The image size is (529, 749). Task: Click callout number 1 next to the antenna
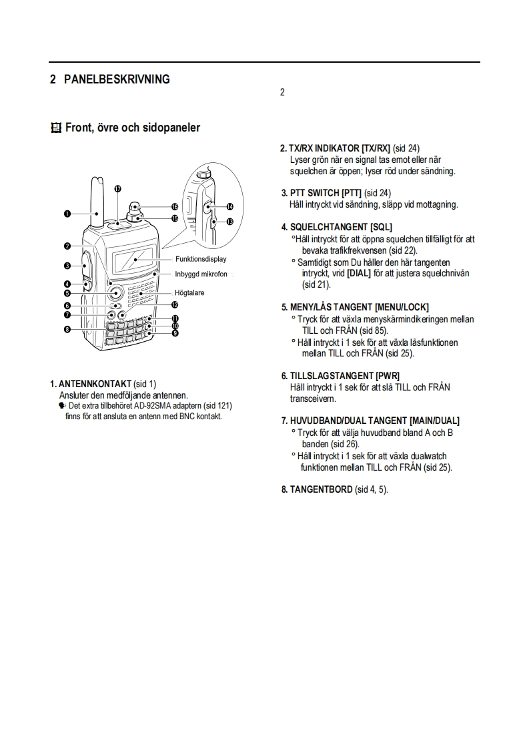67,214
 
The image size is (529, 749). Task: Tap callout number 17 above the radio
117,189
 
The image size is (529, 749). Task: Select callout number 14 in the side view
229,207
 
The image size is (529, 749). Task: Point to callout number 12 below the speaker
174,304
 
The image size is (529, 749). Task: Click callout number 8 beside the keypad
67,329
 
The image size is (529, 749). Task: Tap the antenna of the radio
97,200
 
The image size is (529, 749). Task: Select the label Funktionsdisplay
201,259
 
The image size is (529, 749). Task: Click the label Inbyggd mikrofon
201,274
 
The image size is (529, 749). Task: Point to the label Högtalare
189,292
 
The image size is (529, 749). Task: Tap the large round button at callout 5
115,292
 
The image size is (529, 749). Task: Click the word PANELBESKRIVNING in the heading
117,79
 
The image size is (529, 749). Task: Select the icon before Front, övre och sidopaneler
55,128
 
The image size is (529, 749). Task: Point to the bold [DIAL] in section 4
358,272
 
